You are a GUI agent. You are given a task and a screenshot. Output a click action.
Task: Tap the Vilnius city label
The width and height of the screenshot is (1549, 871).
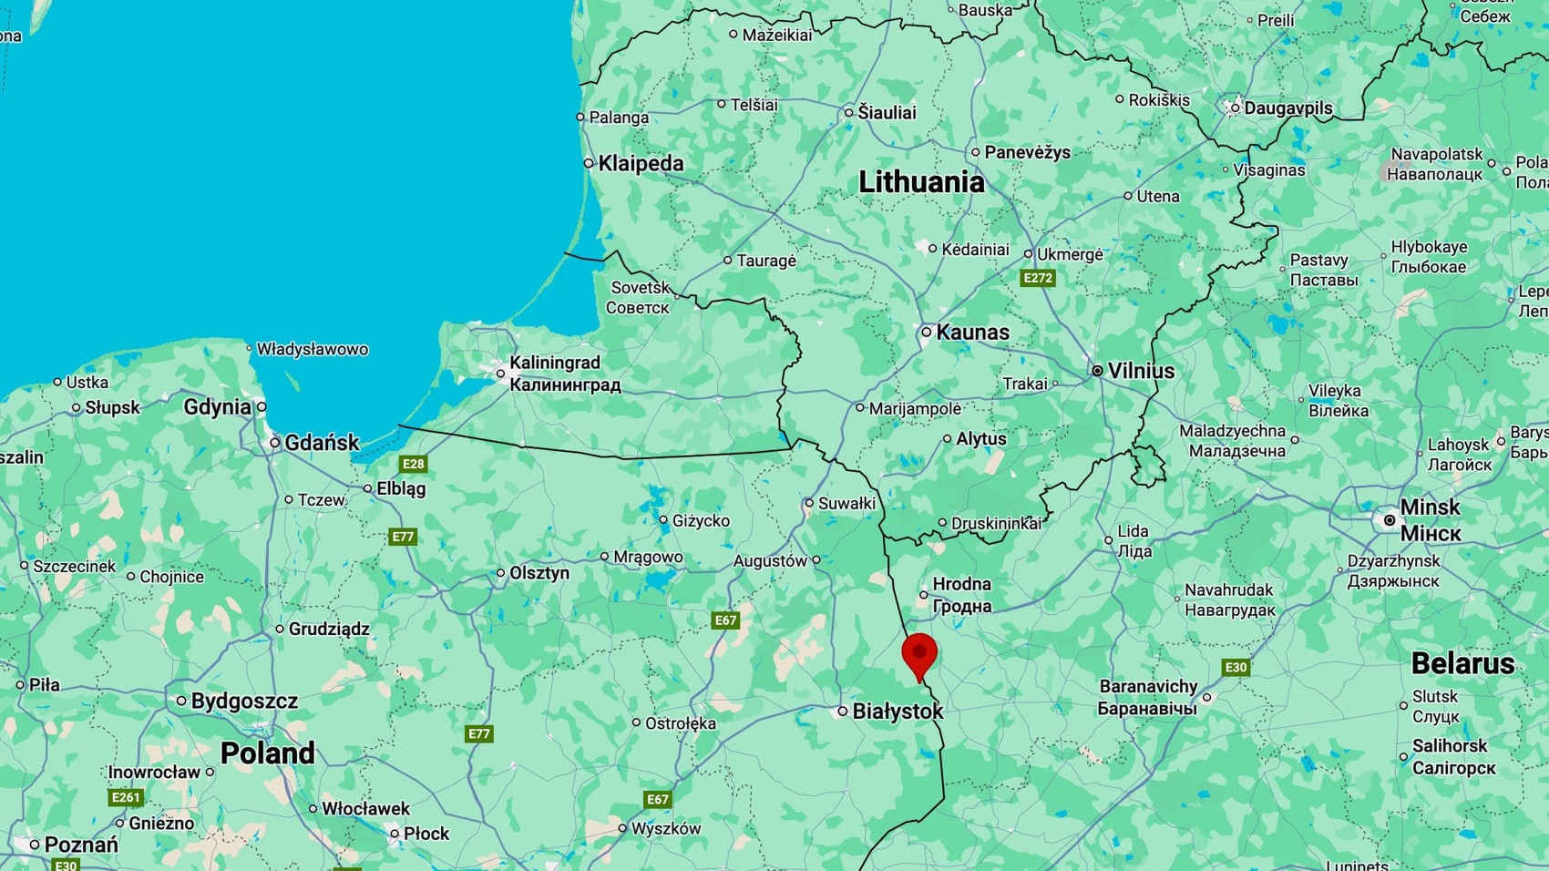[x=1140, y=371]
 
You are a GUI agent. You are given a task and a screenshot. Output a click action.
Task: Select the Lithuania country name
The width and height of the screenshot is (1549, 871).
[x=921, y=182]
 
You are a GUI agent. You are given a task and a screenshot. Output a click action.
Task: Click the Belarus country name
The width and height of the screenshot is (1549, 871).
[x=1462, y=663]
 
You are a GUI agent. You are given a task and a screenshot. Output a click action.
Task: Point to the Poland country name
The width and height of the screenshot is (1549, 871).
[x=268, y=753]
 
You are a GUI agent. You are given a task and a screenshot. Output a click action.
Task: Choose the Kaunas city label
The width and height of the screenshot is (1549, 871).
[x=972, y=333]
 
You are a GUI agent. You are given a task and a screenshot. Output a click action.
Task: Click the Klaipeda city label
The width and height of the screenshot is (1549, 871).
[x=641, y=163]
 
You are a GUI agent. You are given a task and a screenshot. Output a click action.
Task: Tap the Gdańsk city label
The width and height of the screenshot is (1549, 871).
[x=322, y=443]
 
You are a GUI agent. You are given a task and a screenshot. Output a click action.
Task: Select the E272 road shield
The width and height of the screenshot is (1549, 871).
[x=1038, y=279]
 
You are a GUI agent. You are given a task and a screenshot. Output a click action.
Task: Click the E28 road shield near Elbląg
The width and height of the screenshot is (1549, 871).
[x=414, y=464]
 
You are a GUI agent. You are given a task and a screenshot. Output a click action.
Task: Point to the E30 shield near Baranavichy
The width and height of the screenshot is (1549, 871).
[x=1236, y=668]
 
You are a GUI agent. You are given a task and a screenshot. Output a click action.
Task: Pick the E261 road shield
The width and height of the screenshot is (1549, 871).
[x=126, y=798]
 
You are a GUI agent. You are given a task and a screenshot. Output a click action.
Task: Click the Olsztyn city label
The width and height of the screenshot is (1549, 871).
[x=539, y=573]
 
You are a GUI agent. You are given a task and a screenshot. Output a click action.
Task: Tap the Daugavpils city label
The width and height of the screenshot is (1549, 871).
[x=1287, y=108]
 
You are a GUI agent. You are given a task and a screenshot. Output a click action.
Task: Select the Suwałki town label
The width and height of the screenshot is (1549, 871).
[x=846, y=503]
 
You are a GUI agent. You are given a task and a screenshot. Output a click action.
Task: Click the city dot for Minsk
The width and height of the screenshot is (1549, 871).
[x=1390, y=520]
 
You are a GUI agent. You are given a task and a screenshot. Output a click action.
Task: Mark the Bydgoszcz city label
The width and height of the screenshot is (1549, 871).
[x=244, y=702]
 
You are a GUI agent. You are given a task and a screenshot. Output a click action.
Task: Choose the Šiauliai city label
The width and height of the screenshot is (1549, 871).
[x=887, y=113]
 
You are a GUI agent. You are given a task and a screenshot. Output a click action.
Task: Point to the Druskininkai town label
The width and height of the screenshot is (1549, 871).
[x=996, y=524]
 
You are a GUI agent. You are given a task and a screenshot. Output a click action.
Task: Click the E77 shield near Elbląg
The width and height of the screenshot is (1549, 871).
[x=403, y=538]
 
